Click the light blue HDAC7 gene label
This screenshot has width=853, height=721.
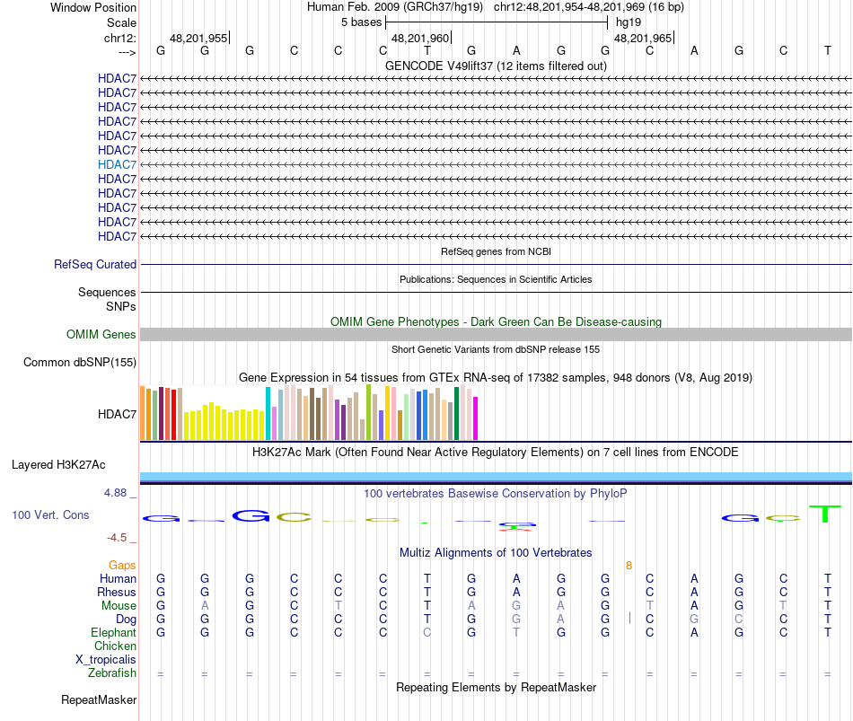(x=117, y=164)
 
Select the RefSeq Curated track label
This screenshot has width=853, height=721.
(x=95, y=265)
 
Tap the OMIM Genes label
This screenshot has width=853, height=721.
(x=101, y=335)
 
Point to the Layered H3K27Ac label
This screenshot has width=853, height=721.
(x=58, y=465)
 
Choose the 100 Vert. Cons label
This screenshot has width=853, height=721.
(x=50, y=515)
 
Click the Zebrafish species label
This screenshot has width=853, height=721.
(x=112, y=673)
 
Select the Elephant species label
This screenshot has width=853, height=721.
(x=113, y=633)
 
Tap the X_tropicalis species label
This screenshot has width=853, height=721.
(x=106, y=660)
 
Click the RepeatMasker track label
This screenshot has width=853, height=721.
(x=99, y=700)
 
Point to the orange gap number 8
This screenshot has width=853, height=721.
(x=629, y=566)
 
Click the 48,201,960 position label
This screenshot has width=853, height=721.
(x=420, y=38)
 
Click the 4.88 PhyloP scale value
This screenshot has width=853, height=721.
(x=117, y=493)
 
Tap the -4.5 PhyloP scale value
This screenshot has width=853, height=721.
(x=117, y=538)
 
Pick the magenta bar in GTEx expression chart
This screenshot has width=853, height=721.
(x=476, y=418)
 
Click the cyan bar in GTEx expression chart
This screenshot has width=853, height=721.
(x=268, y=413)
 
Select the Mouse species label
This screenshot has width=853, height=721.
(x=119, y=606)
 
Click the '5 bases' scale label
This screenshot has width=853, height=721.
(x=361, y=22)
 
